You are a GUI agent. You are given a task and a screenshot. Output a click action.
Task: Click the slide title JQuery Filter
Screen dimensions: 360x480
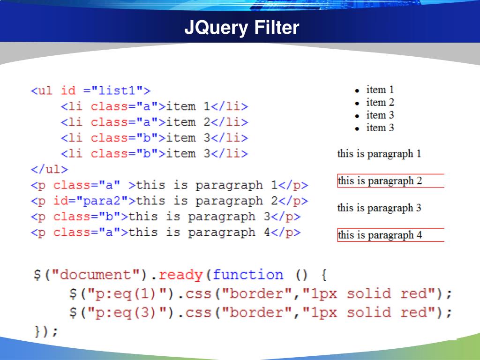(241, 28)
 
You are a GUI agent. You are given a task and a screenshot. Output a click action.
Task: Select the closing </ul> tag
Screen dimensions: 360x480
(49, 169)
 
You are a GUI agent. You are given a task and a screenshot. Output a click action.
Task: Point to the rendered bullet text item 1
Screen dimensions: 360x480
(380, 90)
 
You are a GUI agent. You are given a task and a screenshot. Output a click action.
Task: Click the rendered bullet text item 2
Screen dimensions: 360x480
(380, 102)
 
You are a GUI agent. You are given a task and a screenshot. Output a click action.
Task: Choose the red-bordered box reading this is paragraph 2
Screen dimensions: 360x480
(390, 181)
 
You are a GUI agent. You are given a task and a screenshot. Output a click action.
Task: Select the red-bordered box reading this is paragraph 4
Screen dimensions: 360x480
(390, 235)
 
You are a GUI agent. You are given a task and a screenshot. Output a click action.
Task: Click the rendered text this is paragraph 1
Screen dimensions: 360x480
(379, 154)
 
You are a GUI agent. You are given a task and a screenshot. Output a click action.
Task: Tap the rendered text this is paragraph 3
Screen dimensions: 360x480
(379, 208)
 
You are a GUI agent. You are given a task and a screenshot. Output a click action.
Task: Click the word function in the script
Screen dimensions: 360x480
(248, 275)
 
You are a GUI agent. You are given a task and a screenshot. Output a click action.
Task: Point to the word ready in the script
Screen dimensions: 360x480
(184, 275)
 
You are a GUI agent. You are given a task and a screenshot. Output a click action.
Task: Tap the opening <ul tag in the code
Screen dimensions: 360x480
(42, 90)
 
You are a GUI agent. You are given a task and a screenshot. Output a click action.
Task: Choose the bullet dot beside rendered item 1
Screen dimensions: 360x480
(357, 90)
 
